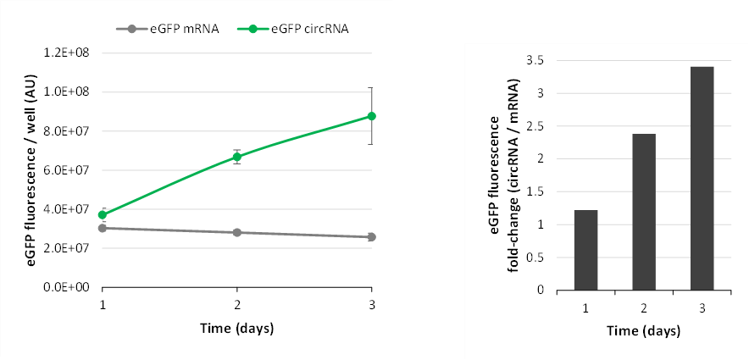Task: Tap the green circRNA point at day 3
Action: [x=371, y=116]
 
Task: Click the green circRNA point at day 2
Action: [x=237, y=157]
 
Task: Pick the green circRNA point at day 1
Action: [x=103, y=215]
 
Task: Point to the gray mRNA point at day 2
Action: [x=237, y=232]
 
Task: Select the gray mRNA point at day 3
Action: [x=371, y=237]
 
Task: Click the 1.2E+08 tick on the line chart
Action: [x=72, y=53]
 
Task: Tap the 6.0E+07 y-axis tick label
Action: [x=72, y=170]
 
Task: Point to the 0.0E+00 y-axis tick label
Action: [x=72, y=288]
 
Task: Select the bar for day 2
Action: [x=644, y=212]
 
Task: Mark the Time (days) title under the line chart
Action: [x=237, y=328]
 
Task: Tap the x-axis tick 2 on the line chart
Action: [x=237, y=303]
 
